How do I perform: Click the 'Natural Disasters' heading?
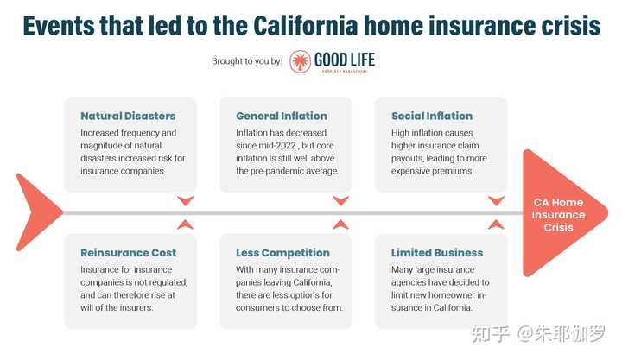coord(128,116)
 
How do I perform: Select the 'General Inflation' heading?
coord(282,116)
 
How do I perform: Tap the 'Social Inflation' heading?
coord(432,116)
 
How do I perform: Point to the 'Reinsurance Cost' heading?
coord(129,253)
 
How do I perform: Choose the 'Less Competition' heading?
coord(282,253)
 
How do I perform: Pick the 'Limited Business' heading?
coord(437,253)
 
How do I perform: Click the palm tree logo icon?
coord(300,61)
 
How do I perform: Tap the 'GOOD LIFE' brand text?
coord(345,60)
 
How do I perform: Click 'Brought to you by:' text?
coord(247,61)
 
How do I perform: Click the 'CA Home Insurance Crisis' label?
coord(559,215)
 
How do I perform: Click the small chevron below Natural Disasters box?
coord(185,200)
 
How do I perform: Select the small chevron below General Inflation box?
coord(340,200)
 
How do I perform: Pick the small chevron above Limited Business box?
coord(496,224)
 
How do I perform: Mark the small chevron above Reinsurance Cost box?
coord(185,224)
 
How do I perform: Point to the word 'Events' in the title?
coord(59,25)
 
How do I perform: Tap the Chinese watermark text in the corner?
coord(538,334)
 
